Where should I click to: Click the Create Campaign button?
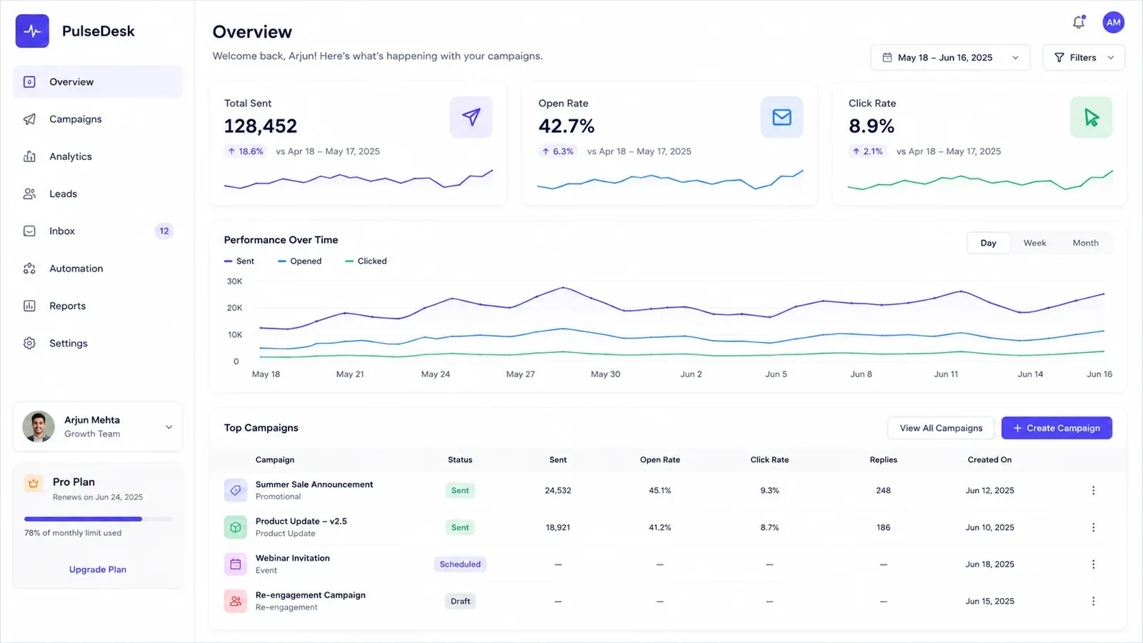pos(1057,428)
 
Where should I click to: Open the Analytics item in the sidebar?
pos(71,156)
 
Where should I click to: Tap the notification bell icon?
pos(1078,22)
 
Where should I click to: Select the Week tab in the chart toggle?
pos(1034,243)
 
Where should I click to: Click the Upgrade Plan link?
pos(97,569)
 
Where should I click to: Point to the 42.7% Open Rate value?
pos(566,126)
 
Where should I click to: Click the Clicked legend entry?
pos(366,261)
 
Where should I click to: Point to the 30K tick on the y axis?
pos(234,281)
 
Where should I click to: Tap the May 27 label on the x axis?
pos(520,374)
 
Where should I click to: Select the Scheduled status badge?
pos(460,564)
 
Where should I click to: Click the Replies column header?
pos(883,459)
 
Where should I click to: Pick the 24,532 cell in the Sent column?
pos(558,490)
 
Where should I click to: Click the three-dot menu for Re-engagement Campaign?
pos(1093,601)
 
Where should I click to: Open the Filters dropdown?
pos(1083,58)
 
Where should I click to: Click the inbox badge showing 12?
pos(164,231)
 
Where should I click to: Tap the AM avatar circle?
pos(1113,22)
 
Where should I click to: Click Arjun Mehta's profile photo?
pos(39,427)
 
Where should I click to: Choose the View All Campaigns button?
pos(940,428)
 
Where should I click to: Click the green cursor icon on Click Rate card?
pos(1091,117)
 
